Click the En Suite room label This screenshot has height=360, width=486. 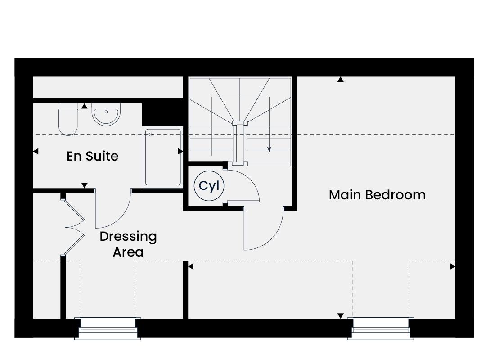(92, 156)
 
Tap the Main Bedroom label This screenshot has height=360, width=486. (377, 195)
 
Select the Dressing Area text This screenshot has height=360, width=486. (128, 244)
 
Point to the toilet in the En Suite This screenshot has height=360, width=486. (68, 119)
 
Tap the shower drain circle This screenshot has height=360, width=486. (151, 135)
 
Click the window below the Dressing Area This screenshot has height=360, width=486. (108, 328)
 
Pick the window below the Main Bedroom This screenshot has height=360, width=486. (381, 328)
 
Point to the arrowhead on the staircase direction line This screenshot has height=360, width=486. (270, 149)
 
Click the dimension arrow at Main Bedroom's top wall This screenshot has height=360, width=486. (341, 79)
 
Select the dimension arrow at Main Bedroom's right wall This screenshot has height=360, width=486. (453, 266)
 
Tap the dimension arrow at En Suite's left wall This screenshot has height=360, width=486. (36, 151)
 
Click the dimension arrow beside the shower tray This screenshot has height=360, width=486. (180, 151)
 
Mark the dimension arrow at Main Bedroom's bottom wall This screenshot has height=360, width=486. (341, 316)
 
